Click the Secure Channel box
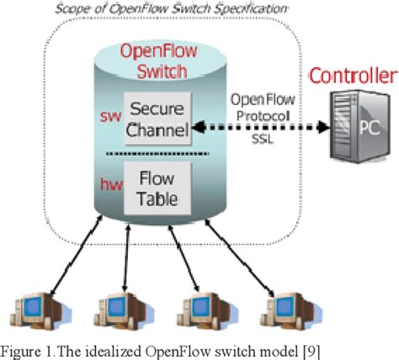157,120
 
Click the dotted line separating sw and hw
157,155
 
